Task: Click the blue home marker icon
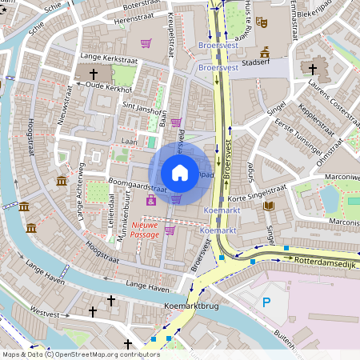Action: coord(180,173)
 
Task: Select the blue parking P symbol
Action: coord(267,303)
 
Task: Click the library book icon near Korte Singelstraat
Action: coord(269,206)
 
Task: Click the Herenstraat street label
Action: coord(134,17)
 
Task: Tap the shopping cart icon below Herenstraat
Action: coord(146,43)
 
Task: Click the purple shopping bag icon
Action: coord(151,200)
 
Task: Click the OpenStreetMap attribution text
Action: coord(70,354)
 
